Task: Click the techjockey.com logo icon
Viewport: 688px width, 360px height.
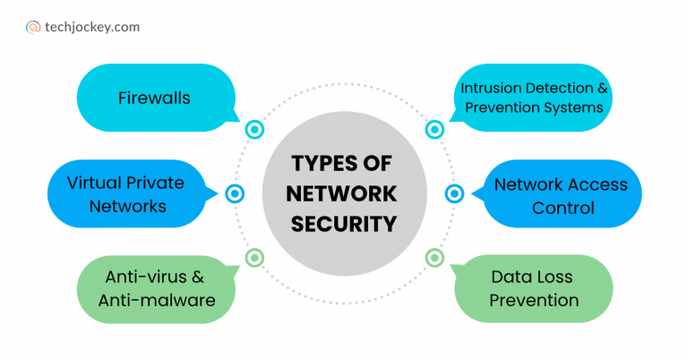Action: tap(33, 27)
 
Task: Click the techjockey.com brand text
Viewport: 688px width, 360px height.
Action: tap(92, 27)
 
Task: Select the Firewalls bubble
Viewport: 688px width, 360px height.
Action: tap(154, 98)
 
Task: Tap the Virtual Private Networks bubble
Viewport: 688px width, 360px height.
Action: tap(125, 194)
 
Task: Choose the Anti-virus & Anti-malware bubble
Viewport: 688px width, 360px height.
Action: tap(157, 287)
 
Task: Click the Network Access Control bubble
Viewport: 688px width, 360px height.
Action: tap(561, 195)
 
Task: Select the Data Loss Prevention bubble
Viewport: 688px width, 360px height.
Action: tap(534, 288)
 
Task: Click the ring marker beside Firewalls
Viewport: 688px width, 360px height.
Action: tap(254, 129)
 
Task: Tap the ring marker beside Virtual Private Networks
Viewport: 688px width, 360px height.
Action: tap(235, 193)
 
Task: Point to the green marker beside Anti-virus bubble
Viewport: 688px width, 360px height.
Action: tap(254, 258)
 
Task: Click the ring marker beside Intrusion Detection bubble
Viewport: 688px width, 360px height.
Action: tap(434, 129)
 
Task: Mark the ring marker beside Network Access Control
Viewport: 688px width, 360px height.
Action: tap(454, 193)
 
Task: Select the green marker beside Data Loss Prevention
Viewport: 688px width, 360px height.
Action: tap(434, 258)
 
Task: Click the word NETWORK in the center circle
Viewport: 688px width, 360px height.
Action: tap(345, 194)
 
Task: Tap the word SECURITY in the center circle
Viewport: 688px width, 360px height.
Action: tap(345, 224)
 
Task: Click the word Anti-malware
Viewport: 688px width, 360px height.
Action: tap(157, 300)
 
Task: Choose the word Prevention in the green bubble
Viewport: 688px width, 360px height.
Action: tap(534, 300)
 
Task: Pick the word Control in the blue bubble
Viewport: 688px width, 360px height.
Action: tap(561, 208)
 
